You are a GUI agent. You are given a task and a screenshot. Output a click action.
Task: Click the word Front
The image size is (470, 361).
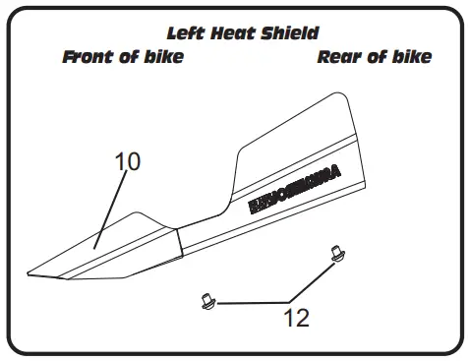click(89, 57)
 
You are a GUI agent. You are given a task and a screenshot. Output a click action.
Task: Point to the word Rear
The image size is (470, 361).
click(337, 57)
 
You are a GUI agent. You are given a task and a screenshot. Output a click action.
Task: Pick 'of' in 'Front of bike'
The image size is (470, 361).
click(128, 57)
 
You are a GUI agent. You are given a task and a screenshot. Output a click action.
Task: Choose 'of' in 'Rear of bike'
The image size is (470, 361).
click(376, 57)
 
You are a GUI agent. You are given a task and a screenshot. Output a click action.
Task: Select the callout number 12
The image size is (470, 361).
click(296, 317)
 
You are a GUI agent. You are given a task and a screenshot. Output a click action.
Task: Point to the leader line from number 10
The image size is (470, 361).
click(111, 207)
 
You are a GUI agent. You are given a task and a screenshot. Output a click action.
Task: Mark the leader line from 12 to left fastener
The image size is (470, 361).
click(251, 303)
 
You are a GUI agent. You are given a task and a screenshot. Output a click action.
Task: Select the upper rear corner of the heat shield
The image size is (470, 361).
click(341, 95)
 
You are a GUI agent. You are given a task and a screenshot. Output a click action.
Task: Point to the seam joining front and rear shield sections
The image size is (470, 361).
click(179, 242)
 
